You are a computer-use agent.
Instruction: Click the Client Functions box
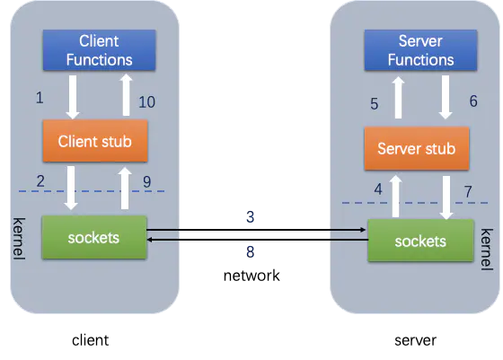(100, 50)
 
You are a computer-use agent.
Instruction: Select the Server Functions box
(420, 50)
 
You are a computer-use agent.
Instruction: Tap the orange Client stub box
(95, 141)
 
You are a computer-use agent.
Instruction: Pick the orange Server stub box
(417, 148)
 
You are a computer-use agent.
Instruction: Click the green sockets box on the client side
(94, 237)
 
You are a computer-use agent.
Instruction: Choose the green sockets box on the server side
(420, 241)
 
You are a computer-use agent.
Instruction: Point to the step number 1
(40, 98)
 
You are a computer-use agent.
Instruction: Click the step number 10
(147, 102)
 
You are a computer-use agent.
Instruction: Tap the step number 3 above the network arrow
(251, 217)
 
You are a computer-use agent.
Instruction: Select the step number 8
(251, 252)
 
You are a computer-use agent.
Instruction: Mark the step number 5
(375, 104)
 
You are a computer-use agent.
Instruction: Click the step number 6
(473, 101)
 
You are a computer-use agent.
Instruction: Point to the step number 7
(468, 192)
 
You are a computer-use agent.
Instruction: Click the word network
(251, 276)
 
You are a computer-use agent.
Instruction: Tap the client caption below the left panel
(90, 340)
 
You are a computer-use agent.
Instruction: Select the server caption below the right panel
(415, 340)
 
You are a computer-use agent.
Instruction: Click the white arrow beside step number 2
(71, 188)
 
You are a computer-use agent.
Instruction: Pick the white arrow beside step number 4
(396, 197)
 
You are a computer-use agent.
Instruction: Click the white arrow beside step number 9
(125, 189)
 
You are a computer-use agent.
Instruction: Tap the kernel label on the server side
(487, 250)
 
